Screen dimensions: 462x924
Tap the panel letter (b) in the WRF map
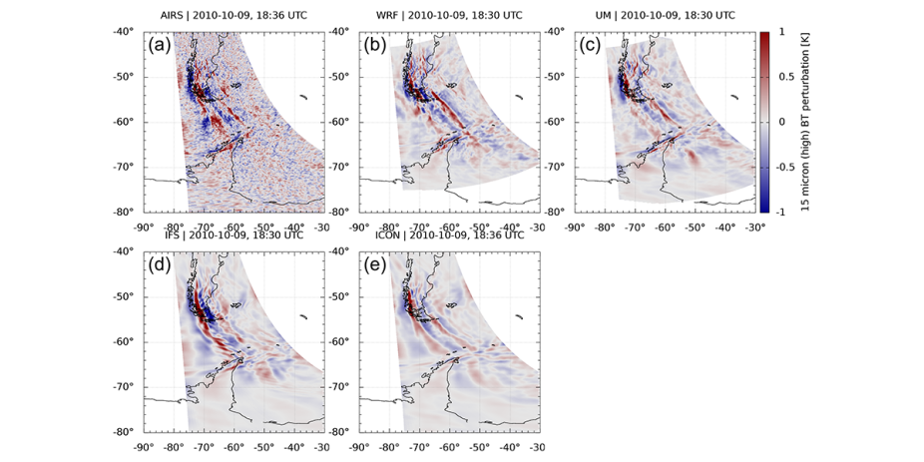tap(375, 45)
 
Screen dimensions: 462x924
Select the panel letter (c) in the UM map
tap(591, 45)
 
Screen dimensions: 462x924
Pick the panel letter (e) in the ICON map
tap(375, 267)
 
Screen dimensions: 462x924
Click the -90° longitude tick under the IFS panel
tap(144, 445)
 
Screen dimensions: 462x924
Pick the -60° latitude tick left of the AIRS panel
tap(127, 122)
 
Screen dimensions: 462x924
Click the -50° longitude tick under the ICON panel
tap(480, 445)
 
